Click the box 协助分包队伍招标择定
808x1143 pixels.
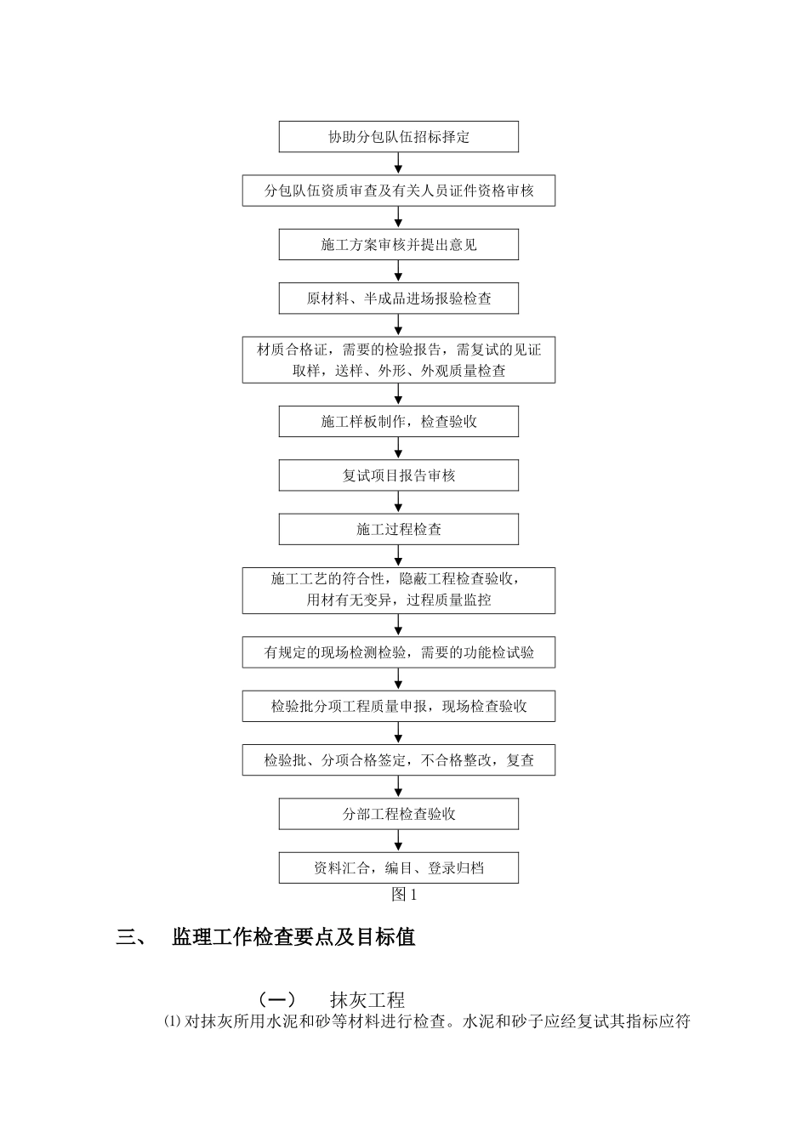coord(399,137)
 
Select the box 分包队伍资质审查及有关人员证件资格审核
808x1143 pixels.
coord(399,190)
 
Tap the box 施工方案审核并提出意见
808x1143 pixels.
coord(399,245)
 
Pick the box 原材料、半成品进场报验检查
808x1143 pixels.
coord(399,299)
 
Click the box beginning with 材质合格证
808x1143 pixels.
coord(399,360)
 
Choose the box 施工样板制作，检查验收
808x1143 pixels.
coord(399,422)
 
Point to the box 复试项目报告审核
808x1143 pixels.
coord(399,475)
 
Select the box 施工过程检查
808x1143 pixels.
coord(399,529)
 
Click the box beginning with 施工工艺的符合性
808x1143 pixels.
coord(399,590)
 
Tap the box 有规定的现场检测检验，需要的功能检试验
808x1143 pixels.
coord(399,653)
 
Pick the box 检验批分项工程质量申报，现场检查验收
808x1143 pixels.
coord(399,707)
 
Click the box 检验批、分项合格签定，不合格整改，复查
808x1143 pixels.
coord(399,760)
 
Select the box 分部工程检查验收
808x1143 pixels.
coord(399,814)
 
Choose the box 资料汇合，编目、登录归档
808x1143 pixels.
coord(399,868)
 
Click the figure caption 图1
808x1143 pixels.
coord(404,895)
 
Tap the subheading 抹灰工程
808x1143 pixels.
coord(367,1000)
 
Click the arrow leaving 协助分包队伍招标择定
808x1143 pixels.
coord(399,163)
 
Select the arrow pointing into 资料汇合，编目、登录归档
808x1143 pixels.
coord(399,841)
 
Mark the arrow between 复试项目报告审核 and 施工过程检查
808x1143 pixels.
coord(399,503)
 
